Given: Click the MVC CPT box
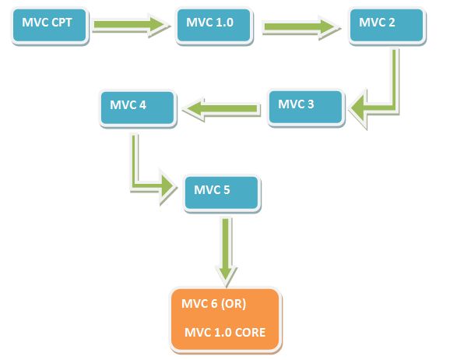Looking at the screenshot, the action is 50,26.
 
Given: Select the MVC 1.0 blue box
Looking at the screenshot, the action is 214,26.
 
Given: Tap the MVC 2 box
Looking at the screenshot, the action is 387,26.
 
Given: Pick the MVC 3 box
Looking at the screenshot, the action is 306,108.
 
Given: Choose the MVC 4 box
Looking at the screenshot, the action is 138,108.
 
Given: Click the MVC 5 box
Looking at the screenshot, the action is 222,193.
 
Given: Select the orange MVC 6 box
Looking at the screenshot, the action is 226,320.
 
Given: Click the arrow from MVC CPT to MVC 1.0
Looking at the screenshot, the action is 130,25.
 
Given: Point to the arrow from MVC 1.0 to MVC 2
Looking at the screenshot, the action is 301,27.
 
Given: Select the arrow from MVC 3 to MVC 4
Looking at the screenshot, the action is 222,108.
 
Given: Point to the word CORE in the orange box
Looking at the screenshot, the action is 250,333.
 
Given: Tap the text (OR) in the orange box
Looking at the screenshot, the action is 234,304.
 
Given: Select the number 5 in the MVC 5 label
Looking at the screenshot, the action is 227,190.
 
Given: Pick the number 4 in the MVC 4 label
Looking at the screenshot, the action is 143,105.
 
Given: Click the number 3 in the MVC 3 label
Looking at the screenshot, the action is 311,104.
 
